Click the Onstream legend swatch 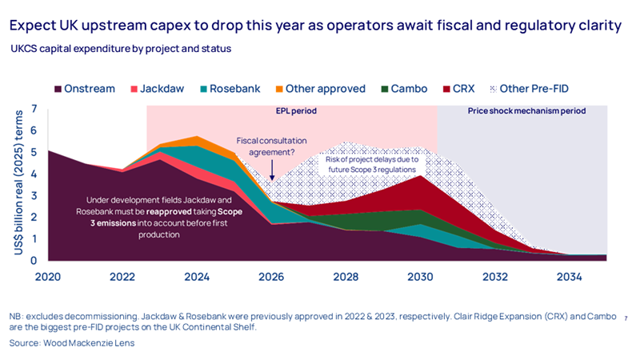tap(59, 89)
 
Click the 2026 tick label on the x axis tap(272, 277)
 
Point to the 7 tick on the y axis tap(34, 108)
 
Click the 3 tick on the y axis tap(34, 194)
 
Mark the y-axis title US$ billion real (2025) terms tap(17, 184)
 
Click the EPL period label tap(292, 110)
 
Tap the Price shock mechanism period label tap(526, 110)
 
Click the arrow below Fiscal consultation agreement tap(272, 169)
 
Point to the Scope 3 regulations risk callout tap(370, 164)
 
